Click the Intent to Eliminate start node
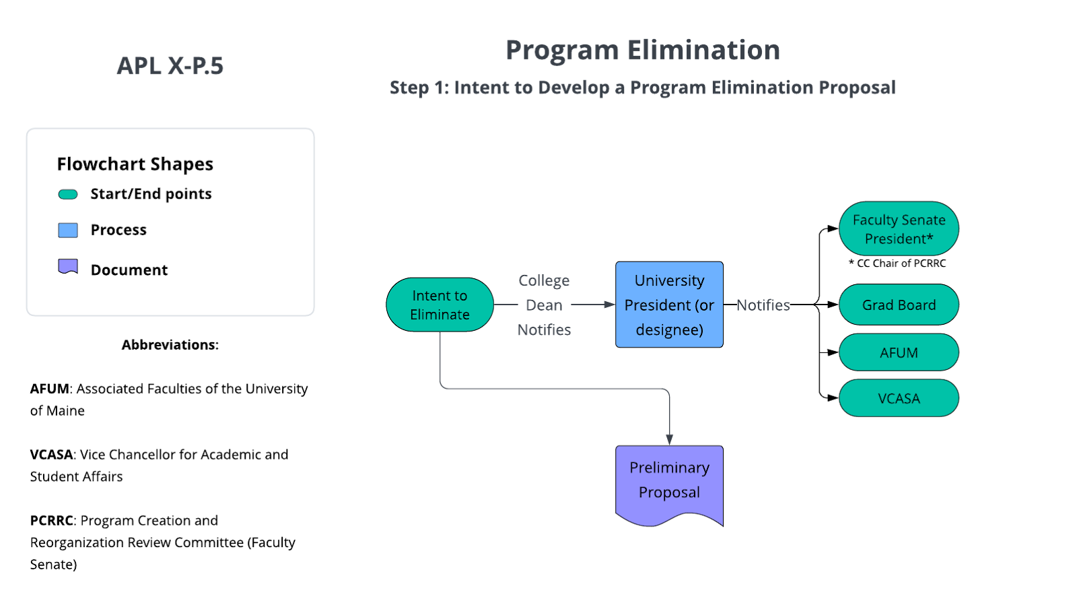[x=440, y=305]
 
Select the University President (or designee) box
[x=669, y=305]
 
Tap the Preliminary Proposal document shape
[x=669, y=482]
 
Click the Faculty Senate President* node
[x=899, y=229]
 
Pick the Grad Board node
[x=899, y=305]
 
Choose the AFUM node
[x=899, y=352]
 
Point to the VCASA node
[x=899, y=398]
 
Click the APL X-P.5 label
[x=170, y=65]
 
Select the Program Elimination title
[x=642, y=51]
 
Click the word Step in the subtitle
[x=409, y=88]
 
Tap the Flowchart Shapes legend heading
[x=135, y=164]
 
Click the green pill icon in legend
[x=68, y=195]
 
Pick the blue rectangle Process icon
[x=68, y=230]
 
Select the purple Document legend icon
[x=68, y=267]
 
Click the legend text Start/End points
[x=151, y=194]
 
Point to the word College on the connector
[x=544, y=280]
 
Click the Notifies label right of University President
[x=763, y=305]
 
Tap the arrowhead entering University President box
[x=611, y=305]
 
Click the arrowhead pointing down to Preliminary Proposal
[x=670, y=440]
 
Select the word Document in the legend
[x=129, y=270]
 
